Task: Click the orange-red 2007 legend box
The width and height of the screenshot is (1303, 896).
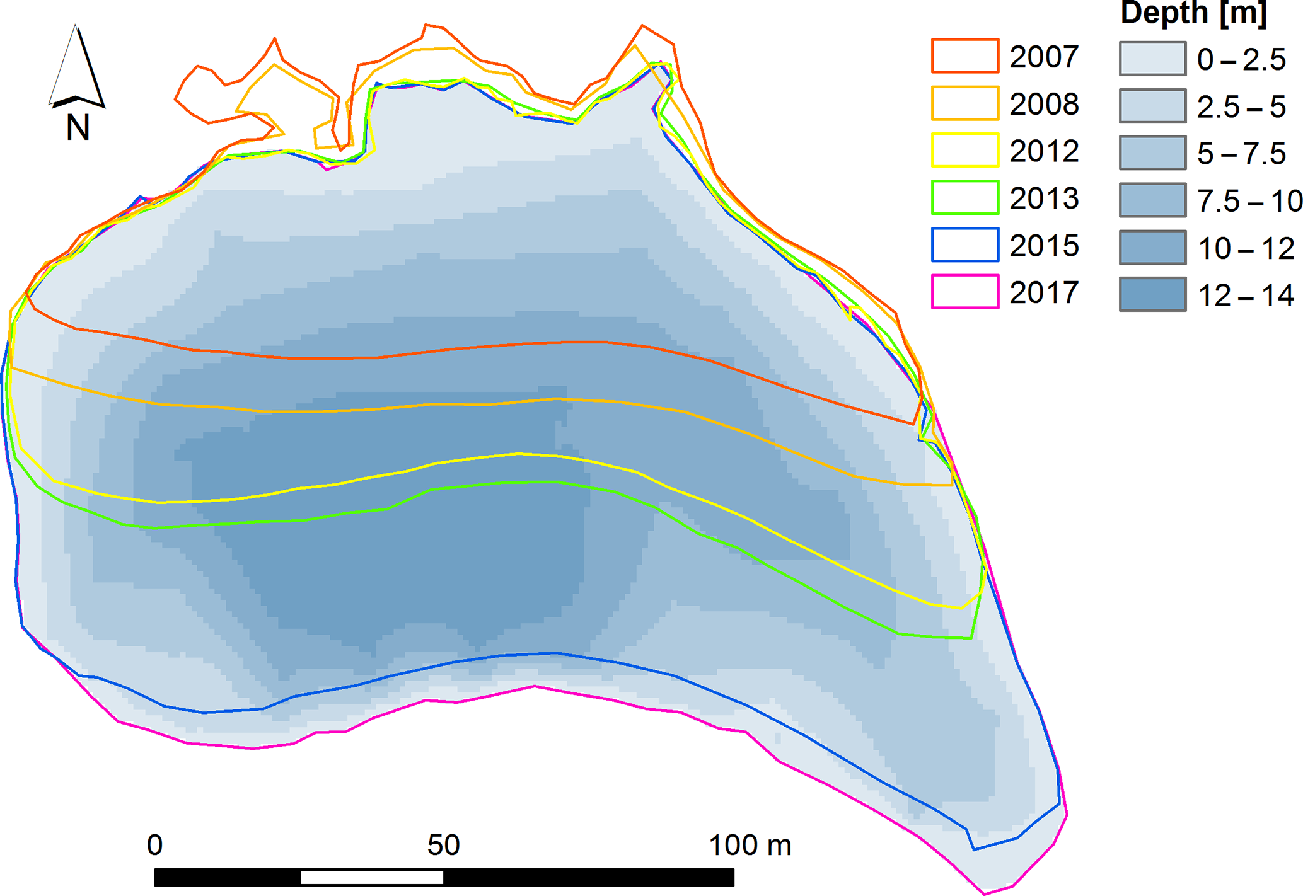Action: pyautogui.click(x=964, y=55)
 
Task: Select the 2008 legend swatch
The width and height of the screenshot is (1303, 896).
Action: pyautogui.click(x=964, y=103)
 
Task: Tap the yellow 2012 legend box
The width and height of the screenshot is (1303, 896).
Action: pyautogui.click(x=964, y=150)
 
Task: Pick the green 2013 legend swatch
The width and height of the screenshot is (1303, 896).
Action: pyautogui.click(x=964, y=197)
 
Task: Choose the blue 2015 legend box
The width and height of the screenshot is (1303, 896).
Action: pyautogui.click(x=964, y=244)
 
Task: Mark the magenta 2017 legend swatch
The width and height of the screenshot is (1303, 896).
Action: pyautogui.click(x=964, y=292)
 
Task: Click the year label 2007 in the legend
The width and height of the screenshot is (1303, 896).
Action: pyautogui.click(x=1044, y=57)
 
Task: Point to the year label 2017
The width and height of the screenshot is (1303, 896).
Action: pyautogui.click(x=1044, y=293)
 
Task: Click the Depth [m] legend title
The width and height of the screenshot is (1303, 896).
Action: pyautogui.click(x=1193, y=14)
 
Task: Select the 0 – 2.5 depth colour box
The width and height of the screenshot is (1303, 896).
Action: pyautogui.click(x=1152, y=59)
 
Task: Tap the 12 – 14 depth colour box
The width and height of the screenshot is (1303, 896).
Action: pyautogui.click(x=1152, y=294)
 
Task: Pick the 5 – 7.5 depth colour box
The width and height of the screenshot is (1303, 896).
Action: pyautogui.click(x=1152, y=152)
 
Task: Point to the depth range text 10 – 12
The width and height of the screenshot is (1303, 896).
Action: pyautogui.click(x=1246, y=248)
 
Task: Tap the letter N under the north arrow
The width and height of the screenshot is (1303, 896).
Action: pyautogui.click(x=78, y=128)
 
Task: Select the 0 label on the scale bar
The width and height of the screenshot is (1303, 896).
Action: pyautogui.click(x=154, y=845)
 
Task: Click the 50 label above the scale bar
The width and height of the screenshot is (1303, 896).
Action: pyautogui.click(x=443, y=845)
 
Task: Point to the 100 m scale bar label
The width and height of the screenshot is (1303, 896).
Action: pyautogui.click(x=750, y=845)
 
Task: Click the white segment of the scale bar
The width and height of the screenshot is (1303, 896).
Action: pyautogui.click(x=372, y=877)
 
